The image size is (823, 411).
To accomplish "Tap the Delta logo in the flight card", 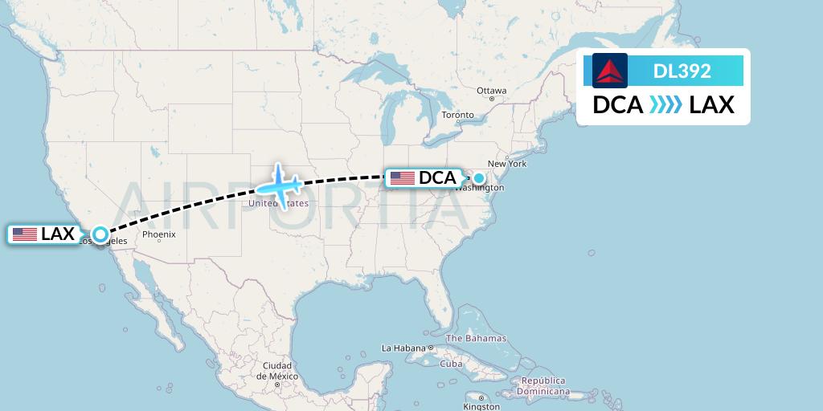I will click(x=610, y=71).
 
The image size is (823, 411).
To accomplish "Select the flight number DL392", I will click(x=682, y=71).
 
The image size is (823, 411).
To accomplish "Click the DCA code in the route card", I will click(x=617, y=105).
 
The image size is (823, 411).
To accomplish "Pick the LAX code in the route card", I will click(x=712, y=105).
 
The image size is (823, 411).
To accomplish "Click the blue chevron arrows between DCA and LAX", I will click(x=665, y=105).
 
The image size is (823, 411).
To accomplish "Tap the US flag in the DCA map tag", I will click(x=403, y=178).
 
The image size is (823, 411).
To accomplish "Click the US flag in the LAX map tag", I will click(x=25, y=234).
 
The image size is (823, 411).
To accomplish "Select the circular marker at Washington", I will click(x=479, y=178).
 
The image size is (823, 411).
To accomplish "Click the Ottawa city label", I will click(x=491, y=91).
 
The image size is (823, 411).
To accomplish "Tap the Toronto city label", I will click(x=458, y=115).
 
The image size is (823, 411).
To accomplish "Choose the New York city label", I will click(x=506, y=164).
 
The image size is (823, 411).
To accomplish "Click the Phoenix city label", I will click(x=158, y=235).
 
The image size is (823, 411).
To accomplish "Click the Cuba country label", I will click(x=451, y=364).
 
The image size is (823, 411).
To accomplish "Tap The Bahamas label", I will click(x=476, y=338).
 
